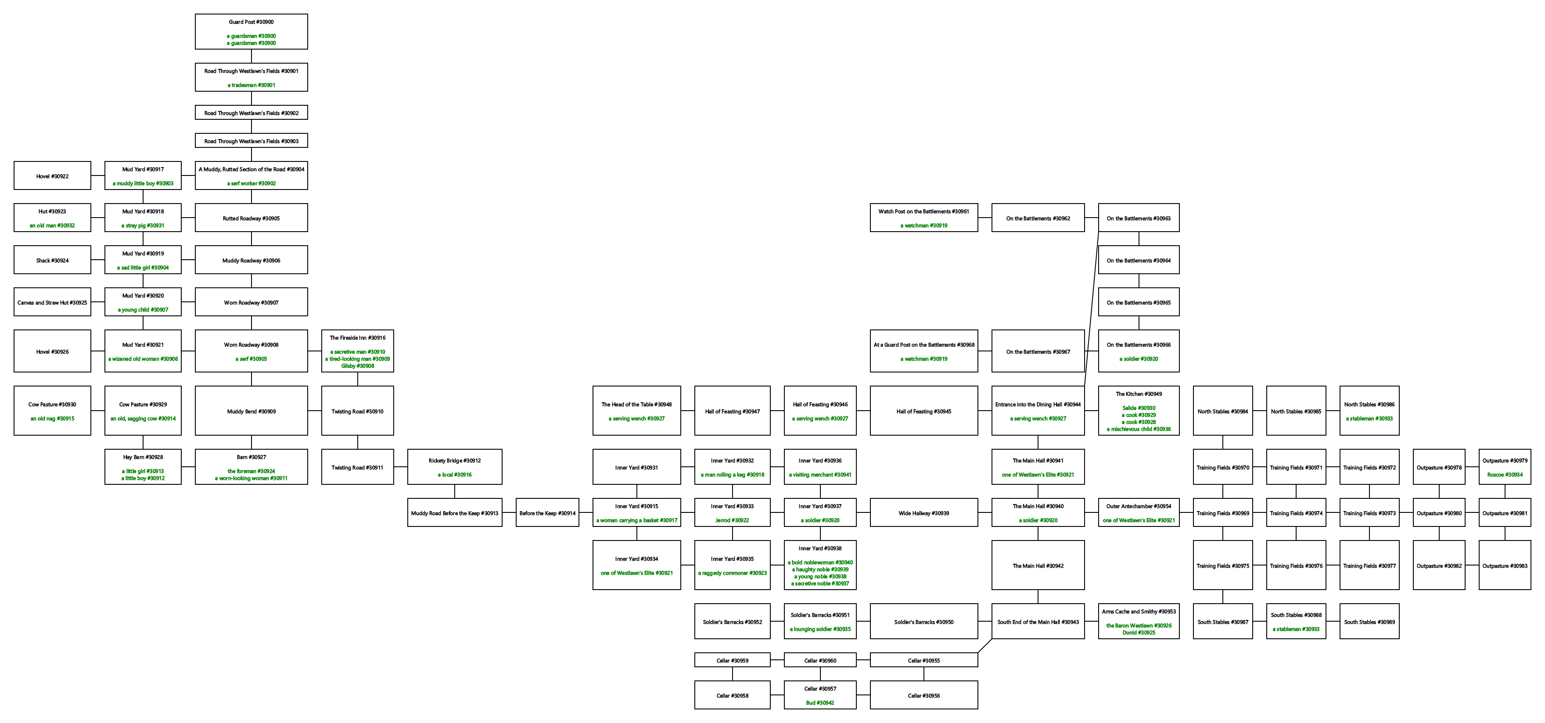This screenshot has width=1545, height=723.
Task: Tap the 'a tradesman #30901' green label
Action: [x=252, y=85]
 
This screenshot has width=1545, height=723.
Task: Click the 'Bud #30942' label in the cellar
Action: [x=820, y=703]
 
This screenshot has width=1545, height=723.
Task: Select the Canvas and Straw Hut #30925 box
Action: [x=52, y=303]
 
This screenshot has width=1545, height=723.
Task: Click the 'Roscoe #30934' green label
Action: [x=1505, y=475]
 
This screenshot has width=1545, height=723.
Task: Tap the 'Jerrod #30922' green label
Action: [x=732, y=520]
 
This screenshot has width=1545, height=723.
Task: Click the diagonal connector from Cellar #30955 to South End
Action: [x=985, y=646]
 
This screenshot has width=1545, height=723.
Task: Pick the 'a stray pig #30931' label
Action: [x=143, y=226]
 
